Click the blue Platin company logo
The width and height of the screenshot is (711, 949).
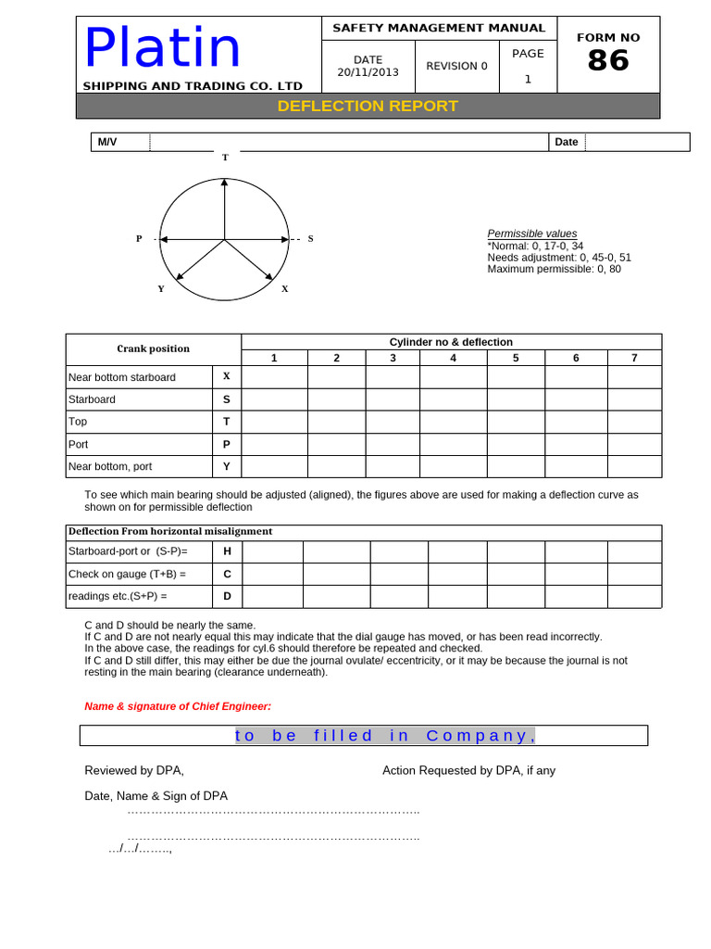coord(163,47)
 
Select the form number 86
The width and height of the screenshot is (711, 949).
coord(608,61)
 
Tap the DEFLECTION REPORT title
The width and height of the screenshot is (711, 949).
coord(368,106)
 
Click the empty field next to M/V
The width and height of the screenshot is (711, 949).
coord(349,142)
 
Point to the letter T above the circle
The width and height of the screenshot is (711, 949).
coord(224,158)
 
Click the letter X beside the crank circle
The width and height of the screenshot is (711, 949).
coord(285,288)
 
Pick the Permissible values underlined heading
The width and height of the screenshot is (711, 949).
coord(532,234)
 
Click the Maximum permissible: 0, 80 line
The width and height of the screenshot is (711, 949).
coord(554,269)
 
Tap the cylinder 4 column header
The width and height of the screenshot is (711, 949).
coord(453,358)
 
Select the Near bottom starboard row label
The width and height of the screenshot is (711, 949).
coord(121,377)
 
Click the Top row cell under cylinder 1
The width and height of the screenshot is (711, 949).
coord(274,422)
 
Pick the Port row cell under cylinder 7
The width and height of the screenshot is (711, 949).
coord(634,444)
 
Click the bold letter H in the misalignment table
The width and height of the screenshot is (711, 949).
coord(227,551)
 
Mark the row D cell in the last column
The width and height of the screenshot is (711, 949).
coord(634,596)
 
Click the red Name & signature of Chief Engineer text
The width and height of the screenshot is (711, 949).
coord(178,706)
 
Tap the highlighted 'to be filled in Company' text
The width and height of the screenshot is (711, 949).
coord(385,736)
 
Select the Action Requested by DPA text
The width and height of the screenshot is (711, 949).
coord(468,770)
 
